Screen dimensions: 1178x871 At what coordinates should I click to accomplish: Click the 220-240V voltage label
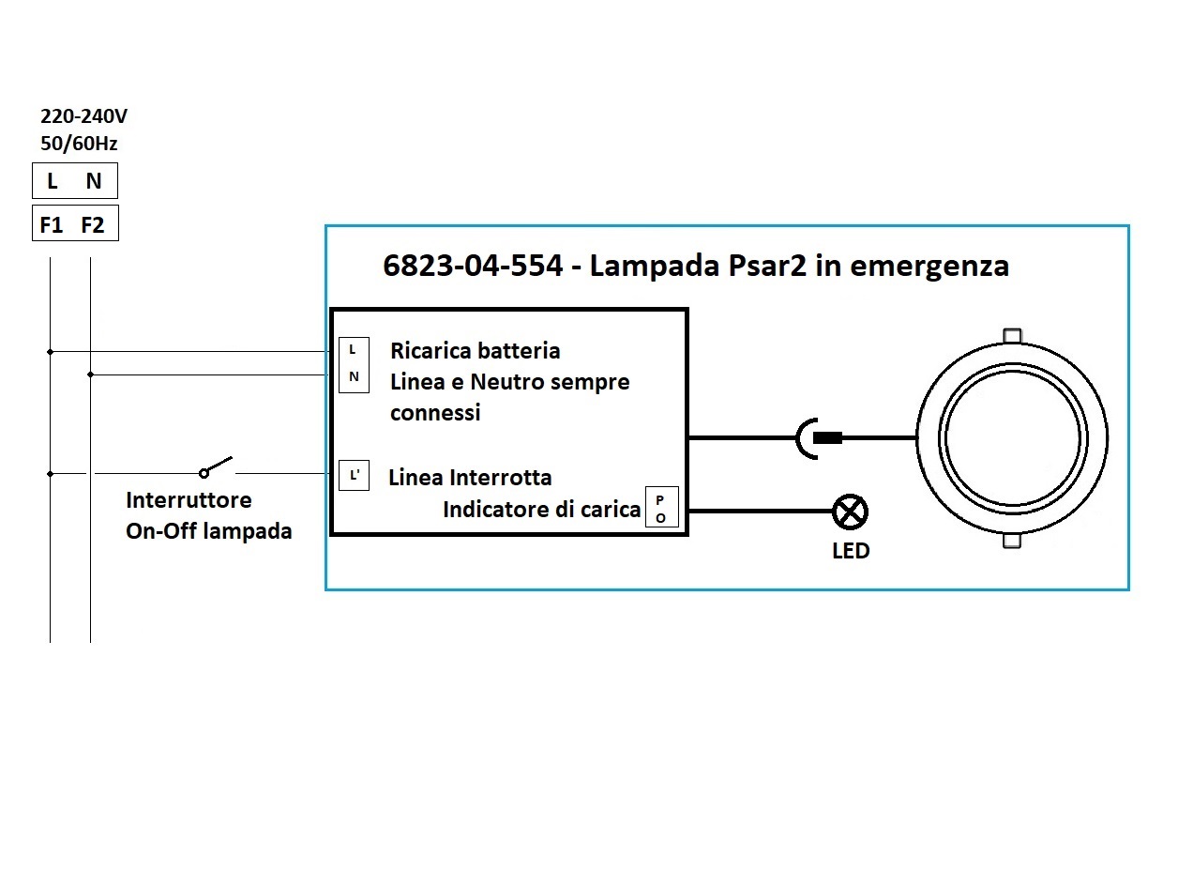(x=83, y=116)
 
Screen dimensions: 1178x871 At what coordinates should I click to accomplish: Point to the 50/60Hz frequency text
(x=79, y=143)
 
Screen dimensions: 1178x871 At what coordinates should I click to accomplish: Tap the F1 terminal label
(x=52, y=225)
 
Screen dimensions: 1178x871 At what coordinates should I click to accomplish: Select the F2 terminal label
(x=93, y=225)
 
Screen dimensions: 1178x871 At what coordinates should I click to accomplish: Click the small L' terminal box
(x=354, y=475)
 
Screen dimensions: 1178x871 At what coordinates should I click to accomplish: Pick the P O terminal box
(x=662, y=507)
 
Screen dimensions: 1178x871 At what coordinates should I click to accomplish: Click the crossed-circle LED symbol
(x=851, y=512)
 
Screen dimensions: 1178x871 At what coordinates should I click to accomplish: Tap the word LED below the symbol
(x=851, y=551)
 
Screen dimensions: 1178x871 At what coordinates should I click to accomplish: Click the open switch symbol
(x=216, y=466)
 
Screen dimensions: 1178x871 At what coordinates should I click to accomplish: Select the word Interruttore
(x=189, y=500)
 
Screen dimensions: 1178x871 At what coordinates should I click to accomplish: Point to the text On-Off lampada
(x=209, y=531)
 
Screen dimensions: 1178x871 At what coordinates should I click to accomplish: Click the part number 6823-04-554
(x=473, y=265)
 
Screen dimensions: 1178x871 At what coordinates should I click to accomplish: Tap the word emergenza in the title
(x=929, y=267)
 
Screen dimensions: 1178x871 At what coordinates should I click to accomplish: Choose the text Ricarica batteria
(x=476, y=351)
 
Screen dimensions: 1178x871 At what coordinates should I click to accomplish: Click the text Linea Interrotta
(x=471, y=478)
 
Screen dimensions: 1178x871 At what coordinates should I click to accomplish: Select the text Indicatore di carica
(x=542, y=510)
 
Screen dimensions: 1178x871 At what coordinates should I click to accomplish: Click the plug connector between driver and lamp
(x=819, y=438)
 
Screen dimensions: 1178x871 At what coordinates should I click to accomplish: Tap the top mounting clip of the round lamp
(x=1012, y=335)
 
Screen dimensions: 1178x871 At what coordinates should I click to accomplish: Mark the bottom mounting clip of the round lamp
(x=1012, y=541)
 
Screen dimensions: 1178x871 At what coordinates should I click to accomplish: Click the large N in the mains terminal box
(x=94, y=181)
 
